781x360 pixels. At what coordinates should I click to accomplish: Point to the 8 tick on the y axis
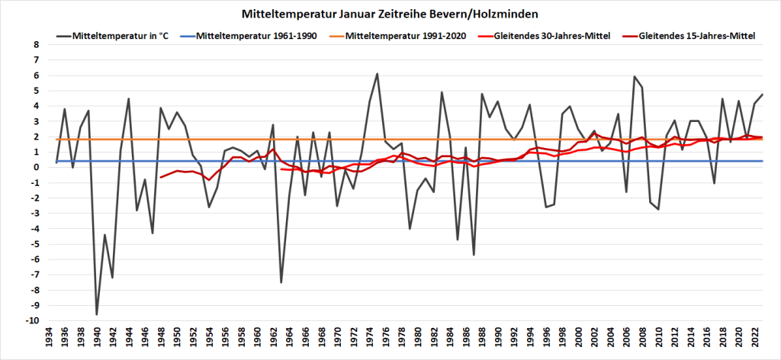pos(35,45)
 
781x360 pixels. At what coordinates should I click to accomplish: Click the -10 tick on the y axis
pos(31,321)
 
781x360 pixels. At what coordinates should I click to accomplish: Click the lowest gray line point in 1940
pos(97,314)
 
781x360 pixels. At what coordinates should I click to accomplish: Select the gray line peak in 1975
pos(378,74)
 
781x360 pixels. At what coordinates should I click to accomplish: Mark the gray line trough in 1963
pos(281,282)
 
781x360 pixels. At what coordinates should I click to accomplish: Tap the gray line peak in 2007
pos(635,76)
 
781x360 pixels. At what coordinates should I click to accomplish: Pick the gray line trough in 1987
pos(474,255)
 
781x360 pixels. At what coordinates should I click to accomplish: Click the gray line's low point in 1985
pos(458,239)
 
